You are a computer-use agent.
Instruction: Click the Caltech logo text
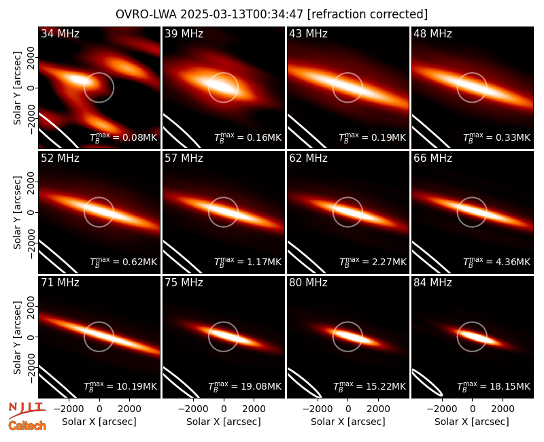point(27,426)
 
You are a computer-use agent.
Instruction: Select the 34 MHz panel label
point(60,33)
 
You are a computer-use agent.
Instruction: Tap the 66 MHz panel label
point(432,158)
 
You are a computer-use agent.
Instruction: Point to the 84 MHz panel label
point(432,283)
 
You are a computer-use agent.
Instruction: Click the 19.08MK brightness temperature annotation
point(245,386)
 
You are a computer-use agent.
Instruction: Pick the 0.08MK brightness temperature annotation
point(124,137)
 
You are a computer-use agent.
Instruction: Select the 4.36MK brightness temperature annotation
point(497,262)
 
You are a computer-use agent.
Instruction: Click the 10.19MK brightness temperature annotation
point(120,386)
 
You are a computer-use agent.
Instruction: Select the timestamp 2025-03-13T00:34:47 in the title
point(241,14)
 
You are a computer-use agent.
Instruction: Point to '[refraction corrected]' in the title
point(367,14)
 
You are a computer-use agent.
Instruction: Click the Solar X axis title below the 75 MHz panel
point(224,422)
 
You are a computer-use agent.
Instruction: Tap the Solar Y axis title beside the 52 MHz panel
point(17,212)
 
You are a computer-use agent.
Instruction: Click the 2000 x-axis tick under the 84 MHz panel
point(503,409)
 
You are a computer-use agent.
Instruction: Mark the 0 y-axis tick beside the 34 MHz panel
point(31,88)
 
